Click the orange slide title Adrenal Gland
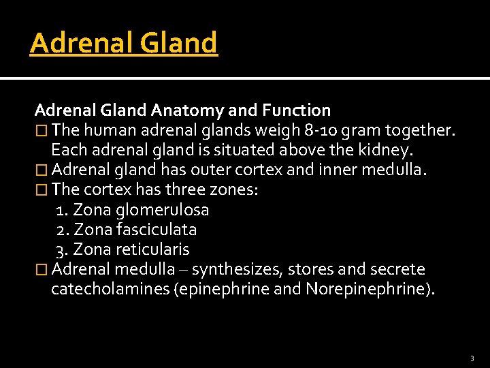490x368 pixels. click(123, 43)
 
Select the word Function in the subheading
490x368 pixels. click(297, 110)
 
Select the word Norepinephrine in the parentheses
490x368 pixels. click(365, 290)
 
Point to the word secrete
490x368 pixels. click(399, 270)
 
